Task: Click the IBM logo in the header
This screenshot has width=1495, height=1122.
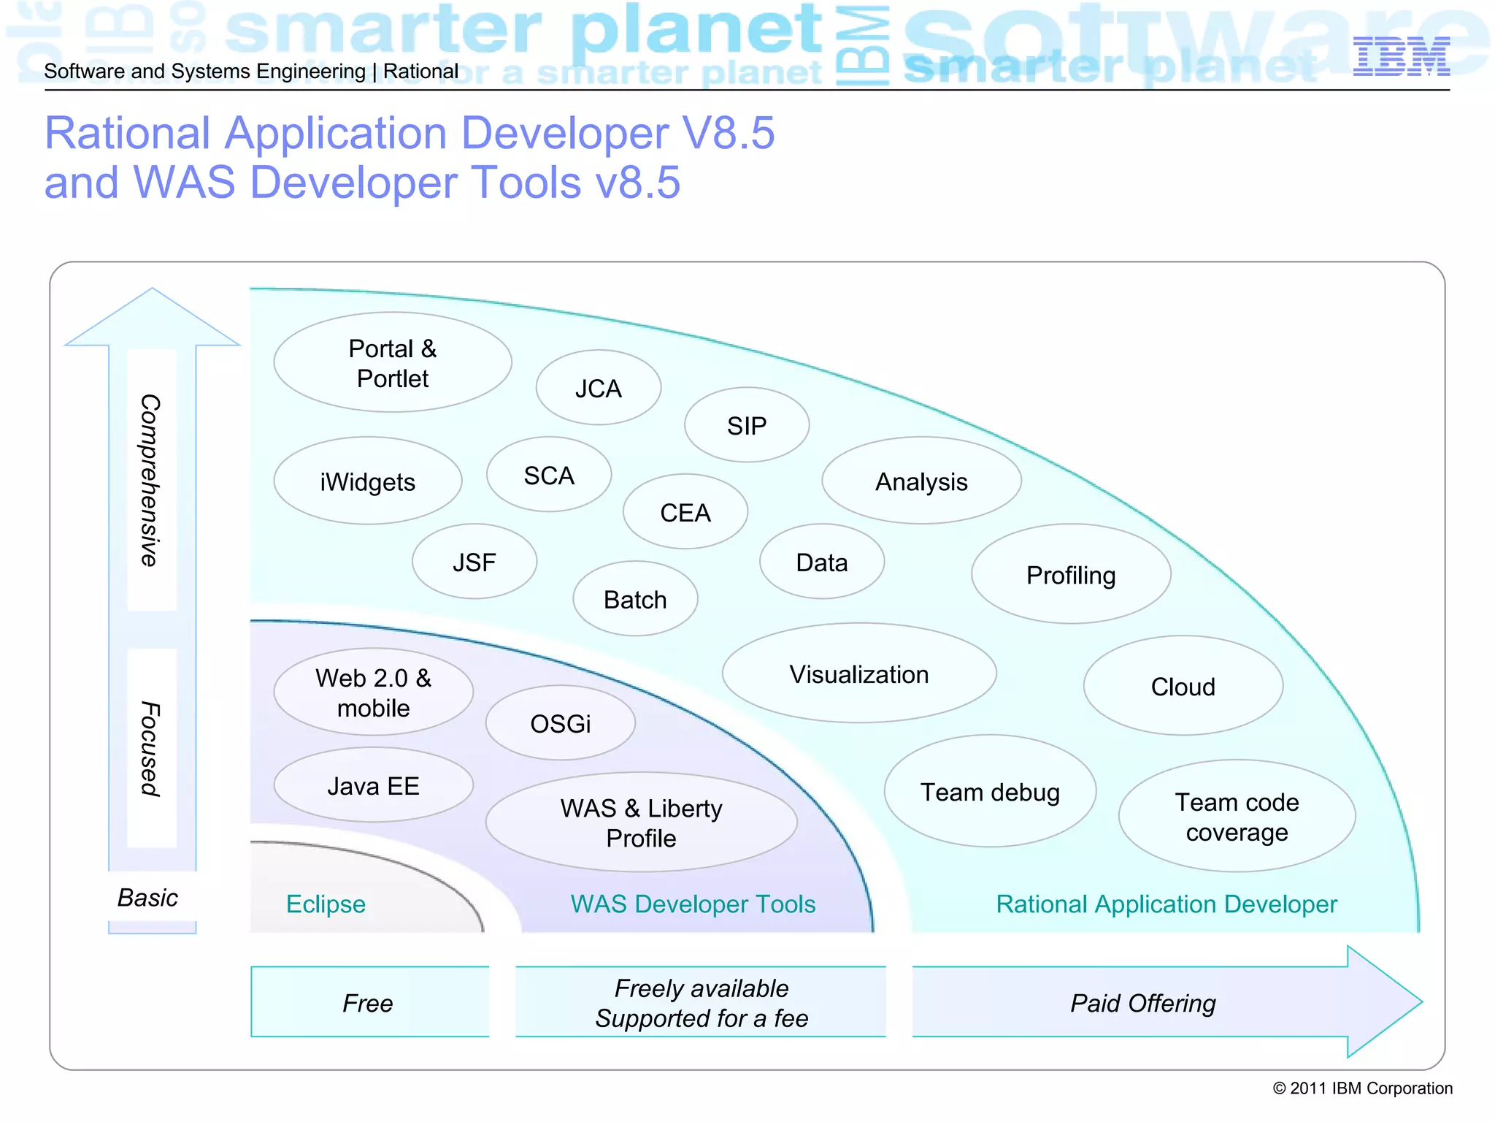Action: coord(1401,57)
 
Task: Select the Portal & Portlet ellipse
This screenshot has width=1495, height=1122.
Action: coord(393,363)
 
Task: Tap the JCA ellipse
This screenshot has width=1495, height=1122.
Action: coord(598,388)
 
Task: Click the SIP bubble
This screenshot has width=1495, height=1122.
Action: coord(746,425)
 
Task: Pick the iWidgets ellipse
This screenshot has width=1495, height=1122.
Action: coord(367,481)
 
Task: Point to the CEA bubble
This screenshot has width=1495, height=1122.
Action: coord(685,512)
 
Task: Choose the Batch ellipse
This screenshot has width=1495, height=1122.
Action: coord(635,599)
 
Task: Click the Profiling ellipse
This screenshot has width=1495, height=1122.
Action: coord(1070,575)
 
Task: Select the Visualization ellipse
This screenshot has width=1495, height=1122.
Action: coord(858,673)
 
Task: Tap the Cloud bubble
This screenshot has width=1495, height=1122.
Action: coord(1183,686)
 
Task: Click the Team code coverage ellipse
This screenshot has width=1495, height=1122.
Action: coord(1237,817)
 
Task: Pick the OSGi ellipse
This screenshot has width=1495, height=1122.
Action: coord(560,723)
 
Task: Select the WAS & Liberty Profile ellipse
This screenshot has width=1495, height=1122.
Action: coord(641,823)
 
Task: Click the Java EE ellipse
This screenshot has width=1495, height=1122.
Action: coord(373,785)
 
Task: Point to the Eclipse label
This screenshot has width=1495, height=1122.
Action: coord(326,904)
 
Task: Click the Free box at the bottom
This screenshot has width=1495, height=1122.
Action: coord(369,1002)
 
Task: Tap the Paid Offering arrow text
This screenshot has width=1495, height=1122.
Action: coord(1142,1002)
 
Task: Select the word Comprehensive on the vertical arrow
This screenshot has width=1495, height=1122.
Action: coord(150,480)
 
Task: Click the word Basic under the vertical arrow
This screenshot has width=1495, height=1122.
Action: coord(147,897)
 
